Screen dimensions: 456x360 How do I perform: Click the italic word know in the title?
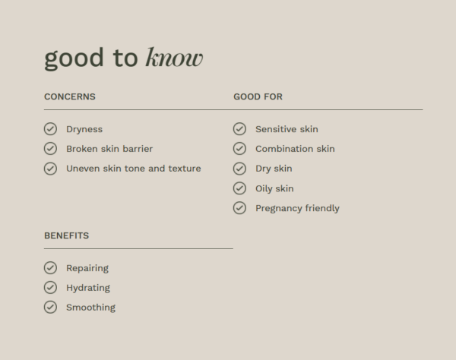174,57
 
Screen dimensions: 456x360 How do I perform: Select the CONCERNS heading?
70,96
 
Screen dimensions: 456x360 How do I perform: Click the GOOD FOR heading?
258,96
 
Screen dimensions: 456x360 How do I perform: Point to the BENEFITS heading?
67,235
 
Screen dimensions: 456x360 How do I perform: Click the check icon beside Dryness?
50,129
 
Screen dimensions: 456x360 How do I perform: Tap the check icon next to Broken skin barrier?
50,149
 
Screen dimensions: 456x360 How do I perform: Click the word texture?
185,169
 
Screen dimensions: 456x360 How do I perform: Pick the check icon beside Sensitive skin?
239,129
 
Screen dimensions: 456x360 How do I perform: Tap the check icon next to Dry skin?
239,169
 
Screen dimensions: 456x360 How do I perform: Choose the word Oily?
264,188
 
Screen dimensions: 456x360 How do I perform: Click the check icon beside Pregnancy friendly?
239,208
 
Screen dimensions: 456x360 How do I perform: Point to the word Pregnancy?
279,209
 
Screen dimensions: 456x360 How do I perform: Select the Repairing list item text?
87,268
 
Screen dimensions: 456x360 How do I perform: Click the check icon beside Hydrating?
50,288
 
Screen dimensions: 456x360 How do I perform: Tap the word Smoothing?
90,308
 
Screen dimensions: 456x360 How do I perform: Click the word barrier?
138,149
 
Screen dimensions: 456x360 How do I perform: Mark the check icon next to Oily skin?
239,188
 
